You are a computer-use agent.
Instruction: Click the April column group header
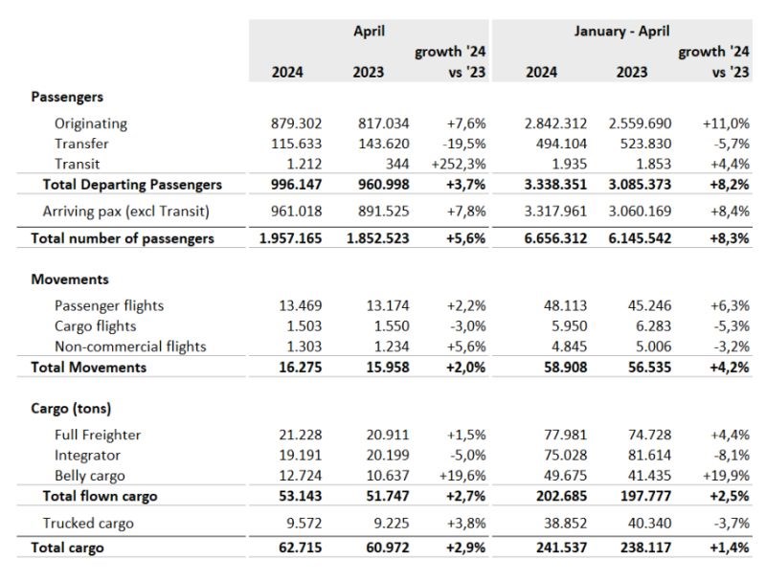click(369, 32)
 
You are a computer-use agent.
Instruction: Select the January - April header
click(621, 32)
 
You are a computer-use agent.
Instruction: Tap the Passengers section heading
click(67, 97)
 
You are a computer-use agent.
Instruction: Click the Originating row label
click(91, 123)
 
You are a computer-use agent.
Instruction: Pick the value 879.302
click(297, 123)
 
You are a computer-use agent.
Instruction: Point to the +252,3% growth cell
click(459, 164)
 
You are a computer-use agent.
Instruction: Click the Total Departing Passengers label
click(132, 185)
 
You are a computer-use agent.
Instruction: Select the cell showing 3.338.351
click(555, 185)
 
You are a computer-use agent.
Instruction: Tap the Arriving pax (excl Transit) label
click(126, 212)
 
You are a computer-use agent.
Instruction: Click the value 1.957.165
click(291, 238)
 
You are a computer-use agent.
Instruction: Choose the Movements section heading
click(70, 279)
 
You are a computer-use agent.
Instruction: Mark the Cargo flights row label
click(95, 326)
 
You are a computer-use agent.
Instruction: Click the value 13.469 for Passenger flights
click(301, 305)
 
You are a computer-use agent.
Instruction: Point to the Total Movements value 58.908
click(566, 368)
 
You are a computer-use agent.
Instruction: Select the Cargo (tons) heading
click(71, 408)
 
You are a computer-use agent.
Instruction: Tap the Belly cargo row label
click(89, 476)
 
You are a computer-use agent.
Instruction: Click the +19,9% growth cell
click(726, 476)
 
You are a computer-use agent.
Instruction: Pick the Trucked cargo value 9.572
click(304, 524)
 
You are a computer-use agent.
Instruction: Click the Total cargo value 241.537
click(561, 547)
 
